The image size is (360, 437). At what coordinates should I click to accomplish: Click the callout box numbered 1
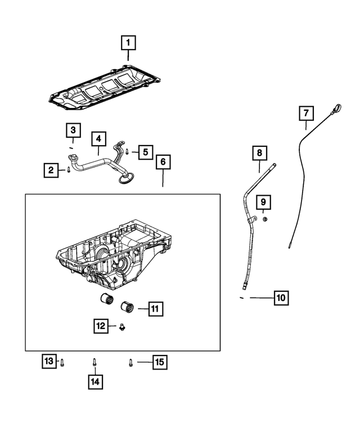coord(128,42)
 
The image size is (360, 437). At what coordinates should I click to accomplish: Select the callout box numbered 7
coord(305,114)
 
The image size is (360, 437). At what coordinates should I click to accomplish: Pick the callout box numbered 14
coord(95,382)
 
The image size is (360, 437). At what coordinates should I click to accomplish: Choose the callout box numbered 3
coord(73,130)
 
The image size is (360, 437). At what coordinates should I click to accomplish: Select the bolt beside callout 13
coord(63,362)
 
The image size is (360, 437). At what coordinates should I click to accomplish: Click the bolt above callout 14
coord(95,362)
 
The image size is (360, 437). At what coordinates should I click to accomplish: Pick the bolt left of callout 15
coord(130,363)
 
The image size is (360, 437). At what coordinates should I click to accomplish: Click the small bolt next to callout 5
coord(127,151)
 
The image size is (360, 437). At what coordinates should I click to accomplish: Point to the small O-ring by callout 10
coord(240,296)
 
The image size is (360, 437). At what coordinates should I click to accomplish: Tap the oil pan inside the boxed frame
coord(112,253)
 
